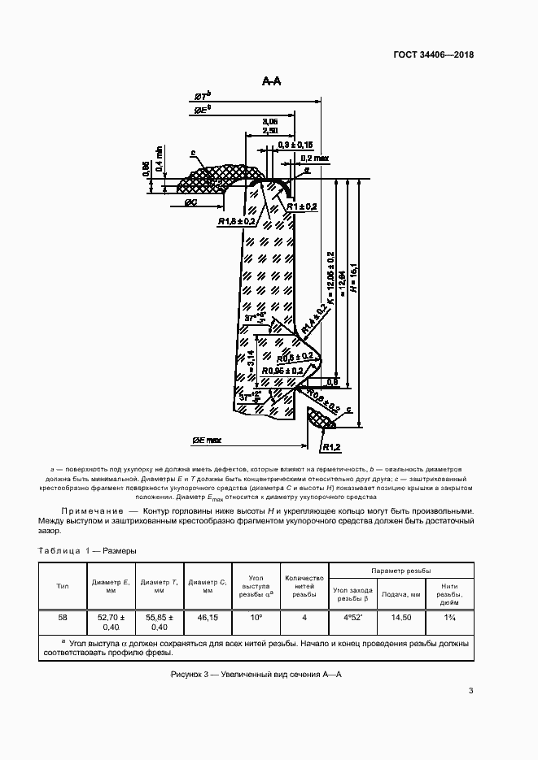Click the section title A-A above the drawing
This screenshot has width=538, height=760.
pos(271,81)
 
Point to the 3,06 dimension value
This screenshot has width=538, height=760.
pos(270,121)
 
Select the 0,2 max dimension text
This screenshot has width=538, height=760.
pos(314,158)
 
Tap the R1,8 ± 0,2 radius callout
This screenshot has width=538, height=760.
pos(238,220)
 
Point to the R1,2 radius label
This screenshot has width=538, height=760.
pos(330,446)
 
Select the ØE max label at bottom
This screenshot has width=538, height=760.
pos(207,440)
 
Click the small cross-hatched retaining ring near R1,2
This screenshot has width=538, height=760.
pos(320,419)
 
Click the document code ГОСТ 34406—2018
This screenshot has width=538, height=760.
pos(432,55)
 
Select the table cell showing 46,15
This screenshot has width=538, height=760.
pos(209,617)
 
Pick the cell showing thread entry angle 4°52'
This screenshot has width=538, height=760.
pos(352,617)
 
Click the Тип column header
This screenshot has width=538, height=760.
pos(63,585)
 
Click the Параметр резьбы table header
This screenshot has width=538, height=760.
pos(400,571)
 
